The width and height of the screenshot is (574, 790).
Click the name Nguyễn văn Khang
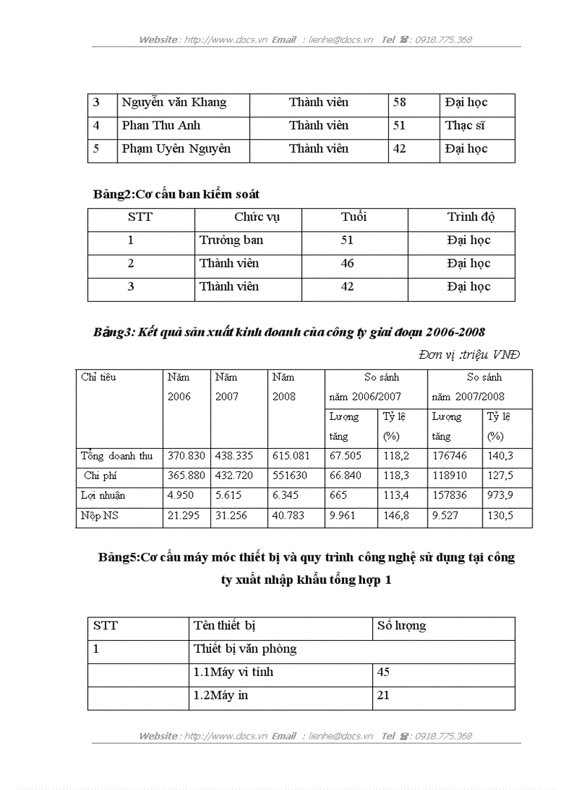[x=174, y=103]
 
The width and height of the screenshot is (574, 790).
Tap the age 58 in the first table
[x=400, y=103]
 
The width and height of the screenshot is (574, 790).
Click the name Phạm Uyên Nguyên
[x=176, y=149]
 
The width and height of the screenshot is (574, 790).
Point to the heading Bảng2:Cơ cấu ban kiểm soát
[x=176, y=194]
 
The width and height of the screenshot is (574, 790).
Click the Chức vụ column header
[x=257, y=217]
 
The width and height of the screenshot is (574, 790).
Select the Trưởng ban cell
[x=231, y=241]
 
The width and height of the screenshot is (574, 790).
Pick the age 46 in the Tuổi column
[x=347, y=264]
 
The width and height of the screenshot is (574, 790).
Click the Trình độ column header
[x=471, y=217]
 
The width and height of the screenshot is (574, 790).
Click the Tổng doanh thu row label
[x=117, y=456]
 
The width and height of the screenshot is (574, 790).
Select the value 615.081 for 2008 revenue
[x=288, y=456]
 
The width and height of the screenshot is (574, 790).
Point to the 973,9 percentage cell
[x=500, y=495]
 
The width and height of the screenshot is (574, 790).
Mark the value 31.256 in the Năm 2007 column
[x=231, y=516]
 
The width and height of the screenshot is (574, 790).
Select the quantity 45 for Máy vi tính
[x=383, y=673]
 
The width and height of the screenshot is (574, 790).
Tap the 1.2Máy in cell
[x=220, y=696]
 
